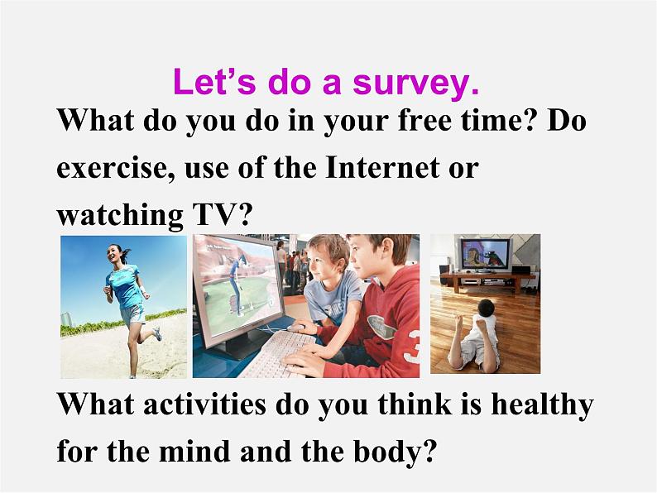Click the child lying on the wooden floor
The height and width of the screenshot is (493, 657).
pos(472,339)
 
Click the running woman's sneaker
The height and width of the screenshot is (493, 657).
pos(156,333)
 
